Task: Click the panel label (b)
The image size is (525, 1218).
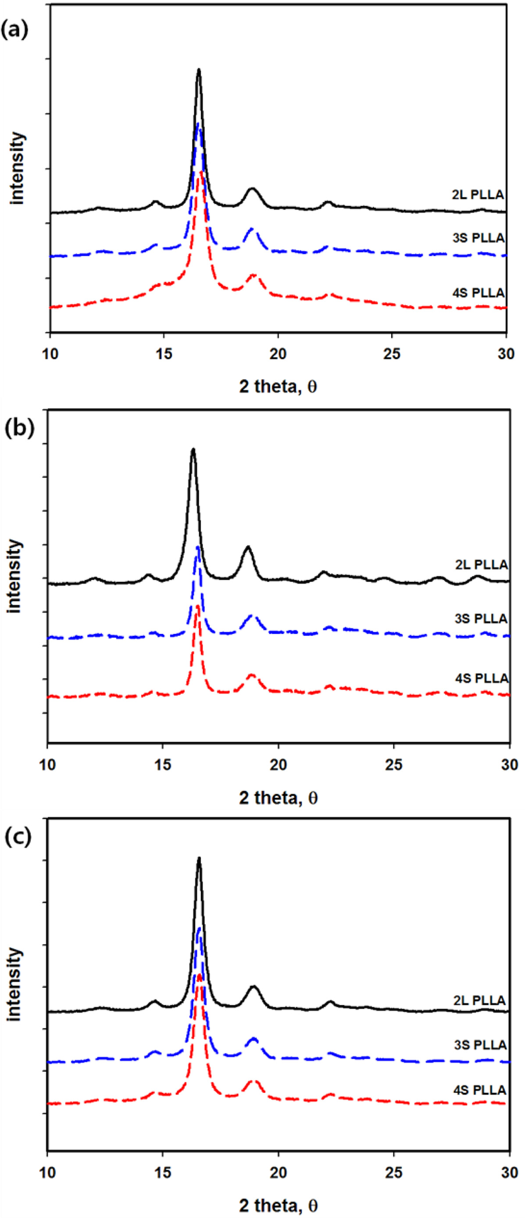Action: (x=19, y=428)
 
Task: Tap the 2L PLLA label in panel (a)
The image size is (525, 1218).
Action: (x=477, y=195)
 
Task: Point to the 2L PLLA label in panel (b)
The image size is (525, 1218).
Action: (x=482, y=565)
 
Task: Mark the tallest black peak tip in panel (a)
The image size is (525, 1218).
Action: (x=199, y=70)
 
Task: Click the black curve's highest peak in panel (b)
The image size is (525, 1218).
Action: (x=193, y=449)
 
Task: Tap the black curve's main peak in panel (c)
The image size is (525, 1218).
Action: (x=199, y=858)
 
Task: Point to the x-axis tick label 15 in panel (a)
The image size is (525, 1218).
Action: (x=164, y=354)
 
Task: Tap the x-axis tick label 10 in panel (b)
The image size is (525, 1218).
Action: (x=47, y=765)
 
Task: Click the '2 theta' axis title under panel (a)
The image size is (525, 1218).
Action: (x=278, y=387)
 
